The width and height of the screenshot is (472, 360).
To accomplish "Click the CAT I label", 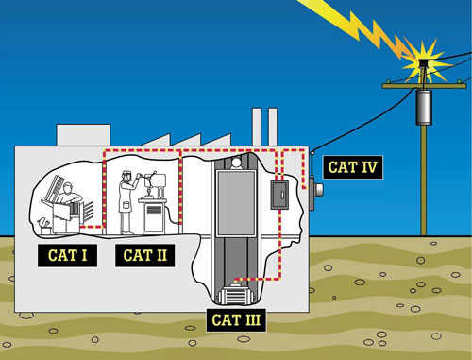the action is pos(67,255).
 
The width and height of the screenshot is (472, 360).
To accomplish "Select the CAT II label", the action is pos(144,255).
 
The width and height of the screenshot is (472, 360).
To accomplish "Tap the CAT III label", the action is pos(236,320).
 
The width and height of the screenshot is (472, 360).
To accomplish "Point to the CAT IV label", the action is pos(352,167).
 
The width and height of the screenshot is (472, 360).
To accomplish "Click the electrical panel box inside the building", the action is pos(279,195).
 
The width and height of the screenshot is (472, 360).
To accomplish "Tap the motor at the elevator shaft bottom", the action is pos(235,294).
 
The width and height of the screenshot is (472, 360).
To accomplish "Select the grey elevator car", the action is pos(236,203).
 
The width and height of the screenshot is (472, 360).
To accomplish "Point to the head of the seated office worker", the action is pos(67,189).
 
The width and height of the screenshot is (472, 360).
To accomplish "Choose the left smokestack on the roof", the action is pos(257,127).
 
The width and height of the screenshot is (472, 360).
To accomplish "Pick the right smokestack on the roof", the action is pos(273,127).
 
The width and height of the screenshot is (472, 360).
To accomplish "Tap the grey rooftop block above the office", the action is pos(83,135).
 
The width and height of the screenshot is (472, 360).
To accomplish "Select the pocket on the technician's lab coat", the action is pos(126,206).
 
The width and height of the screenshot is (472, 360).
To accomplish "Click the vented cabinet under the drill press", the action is pos(153,216).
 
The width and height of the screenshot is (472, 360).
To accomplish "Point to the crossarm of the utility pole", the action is pos(424,86).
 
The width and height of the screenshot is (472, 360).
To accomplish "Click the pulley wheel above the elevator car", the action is pos(236,163).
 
